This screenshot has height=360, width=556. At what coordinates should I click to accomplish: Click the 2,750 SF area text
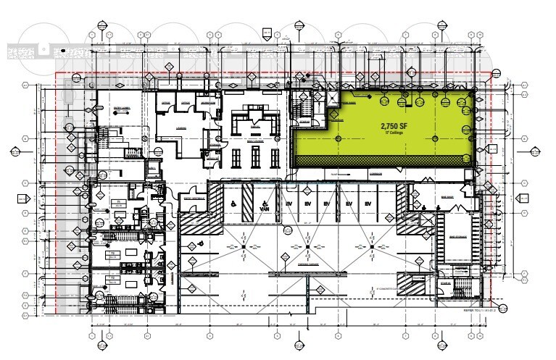[x=394, y=125]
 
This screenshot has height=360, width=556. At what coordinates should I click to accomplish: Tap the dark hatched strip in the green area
[x=384, y=161]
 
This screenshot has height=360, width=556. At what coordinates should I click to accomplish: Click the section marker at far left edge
[x=14, y=152]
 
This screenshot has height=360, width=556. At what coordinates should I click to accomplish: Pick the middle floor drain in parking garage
[x=308, y=248]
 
